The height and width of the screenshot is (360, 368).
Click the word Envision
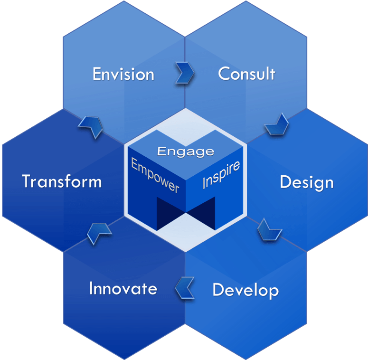[123, 75]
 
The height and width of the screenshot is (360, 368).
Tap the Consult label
[246, 74]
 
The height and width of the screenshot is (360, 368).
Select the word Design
[306, 182]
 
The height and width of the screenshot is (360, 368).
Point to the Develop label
[245, 290]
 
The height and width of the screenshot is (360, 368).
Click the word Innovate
[123, 288]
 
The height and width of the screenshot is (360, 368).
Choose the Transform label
[62, 181]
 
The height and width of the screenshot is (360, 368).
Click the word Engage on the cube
[186, 152]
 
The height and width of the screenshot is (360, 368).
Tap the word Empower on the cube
[155, 176]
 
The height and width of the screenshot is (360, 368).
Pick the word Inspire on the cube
[221, 175]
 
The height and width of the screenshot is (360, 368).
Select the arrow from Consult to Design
[276, 124]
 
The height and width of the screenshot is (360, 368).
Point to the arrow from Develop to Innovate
[185, 288]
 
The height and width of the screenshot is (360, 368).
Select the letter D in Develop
[217, 289]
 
